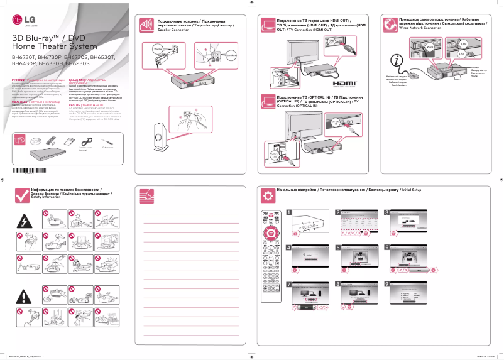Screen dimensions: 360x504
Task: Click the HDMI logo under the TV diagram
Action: pyautogui.click(x=345, y=83)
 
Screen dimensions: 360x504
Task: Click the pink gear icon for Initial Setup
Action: pyautogui.click(x=268, y=195)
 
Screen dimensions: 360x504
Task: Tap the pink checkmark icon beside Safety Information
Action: pyautogui.click(x=22, y=194)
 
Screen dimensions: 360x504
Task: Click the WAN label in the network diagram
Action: pyautogui.click(x=430, y=47)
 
